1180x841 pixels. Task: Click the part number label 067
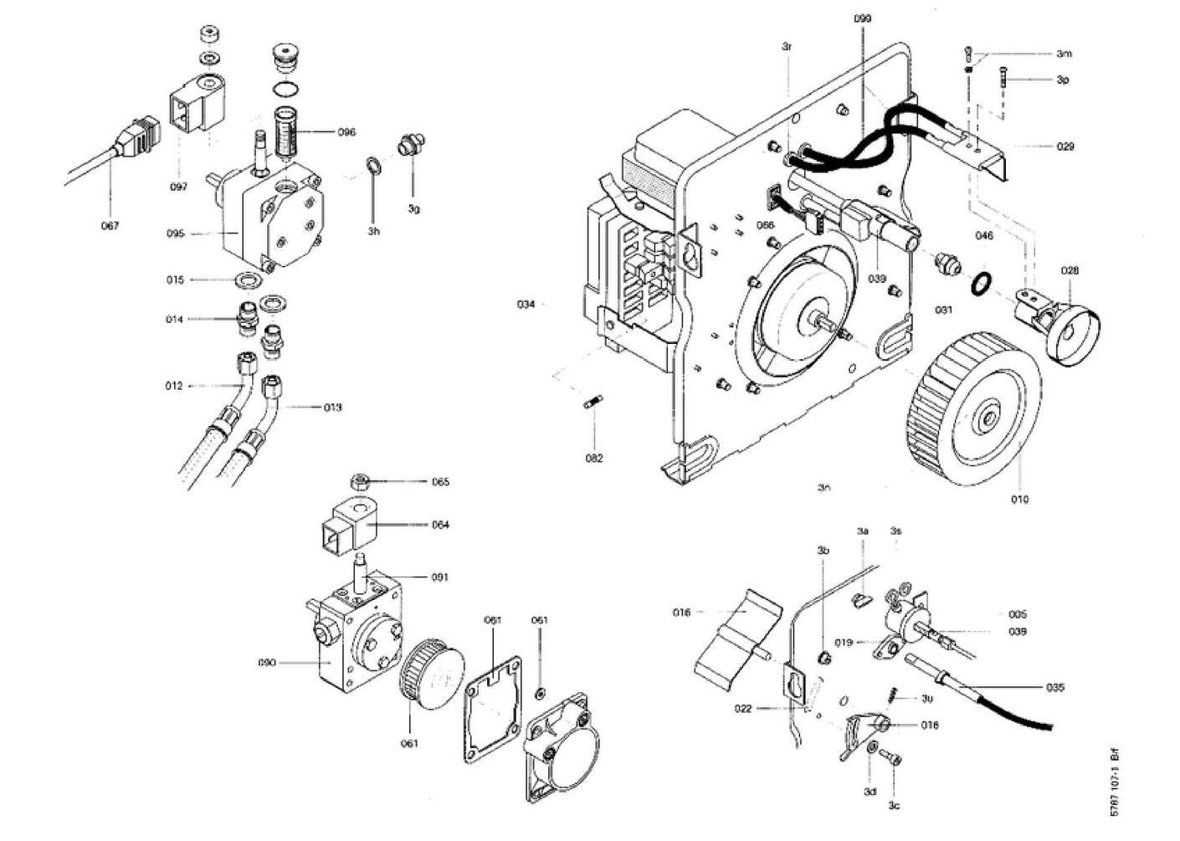[x=110, y=225]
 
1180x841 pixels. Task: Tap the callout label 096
[x=346, y=132]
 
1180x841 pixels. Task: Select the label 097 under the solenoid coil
[x=178, y=187]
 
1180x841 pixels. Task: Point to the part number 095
[x=175, y=234]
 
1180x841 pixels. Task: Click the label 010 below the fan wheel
[x=1019, y=500]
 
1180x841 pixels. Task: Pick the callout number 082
[x=593, y=459]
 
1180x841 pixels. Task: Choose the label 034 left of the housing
[x=526, y=305]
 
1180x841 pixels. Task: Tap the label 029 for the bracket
[x=1065, y=146]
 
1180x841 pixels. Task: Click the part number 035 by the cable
[x=1055, y=688]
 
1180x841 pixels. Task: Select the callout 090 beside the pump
[x=267, y=663]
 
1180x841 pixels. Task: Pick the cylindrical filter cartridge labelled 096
[x=286, y=130]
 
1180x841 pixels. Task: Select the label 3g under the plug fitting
[x=413, y=208]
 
